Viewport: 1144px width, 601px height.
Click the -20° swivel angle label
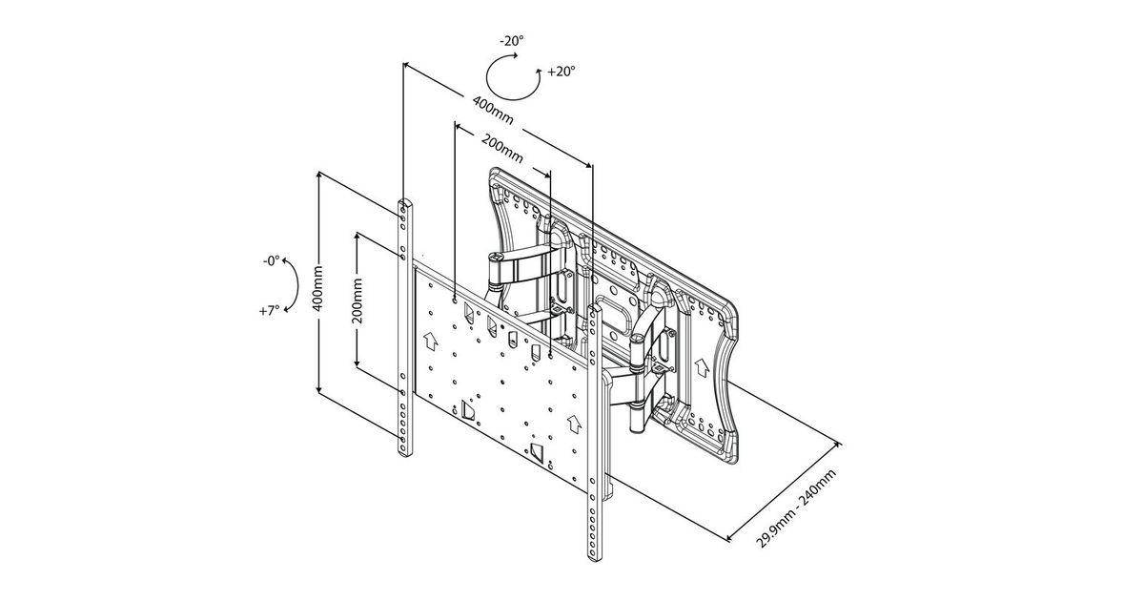pyautogui.click(x=512, y=41)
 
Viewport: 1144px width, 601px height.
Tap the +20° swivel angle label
pyautogui.click(x=562, y=72)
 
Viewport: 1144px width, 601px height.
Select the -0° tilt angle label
pyautogui.click(x=271, y=261)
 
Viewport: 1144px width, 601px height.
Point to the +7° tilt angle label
pyautogui.click(x=270, y=310)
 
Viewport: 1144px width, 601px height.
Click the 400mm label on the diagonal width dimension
pyautogui.click(x=493, y=111)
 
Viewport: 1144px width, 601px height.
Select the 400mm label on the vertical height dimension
pyautogui.click(x=317, y=288)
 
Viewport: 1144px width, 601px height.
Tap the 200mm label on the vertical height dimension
pyautogui.click(x=357, y=300)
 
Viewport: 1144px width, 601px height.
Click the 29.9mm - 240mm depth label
pyautogui.click(x=796, y=508)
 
